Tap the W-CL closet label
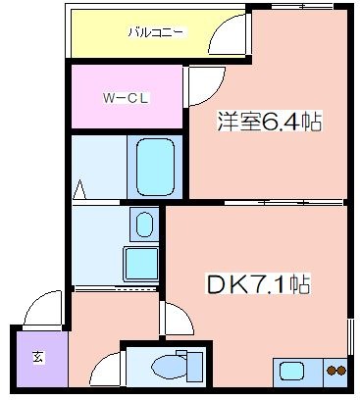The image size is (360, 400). (x=126, y=98)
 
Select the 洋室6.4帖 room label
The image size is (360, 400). (x=270, y=122)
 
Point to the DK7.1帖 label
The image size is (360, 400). (x=258, y=284)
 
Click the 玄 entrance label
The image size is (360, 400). (x=38, y=357)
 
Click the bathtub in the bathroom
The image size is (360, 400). (x=155, y=167)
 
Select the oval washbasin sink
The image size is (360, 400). (x=144, y=225)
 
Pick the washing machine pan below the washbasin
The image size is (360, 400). (x=141, y=264)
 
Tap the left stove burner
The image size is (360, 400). (x=332, y=371)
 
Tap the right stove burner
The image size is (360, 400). (x=341, y=371)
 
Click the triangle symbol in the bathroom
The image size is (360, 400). (x=79, y=189)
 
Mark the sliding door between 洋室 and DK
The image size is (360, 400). (x=284, y=203)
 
